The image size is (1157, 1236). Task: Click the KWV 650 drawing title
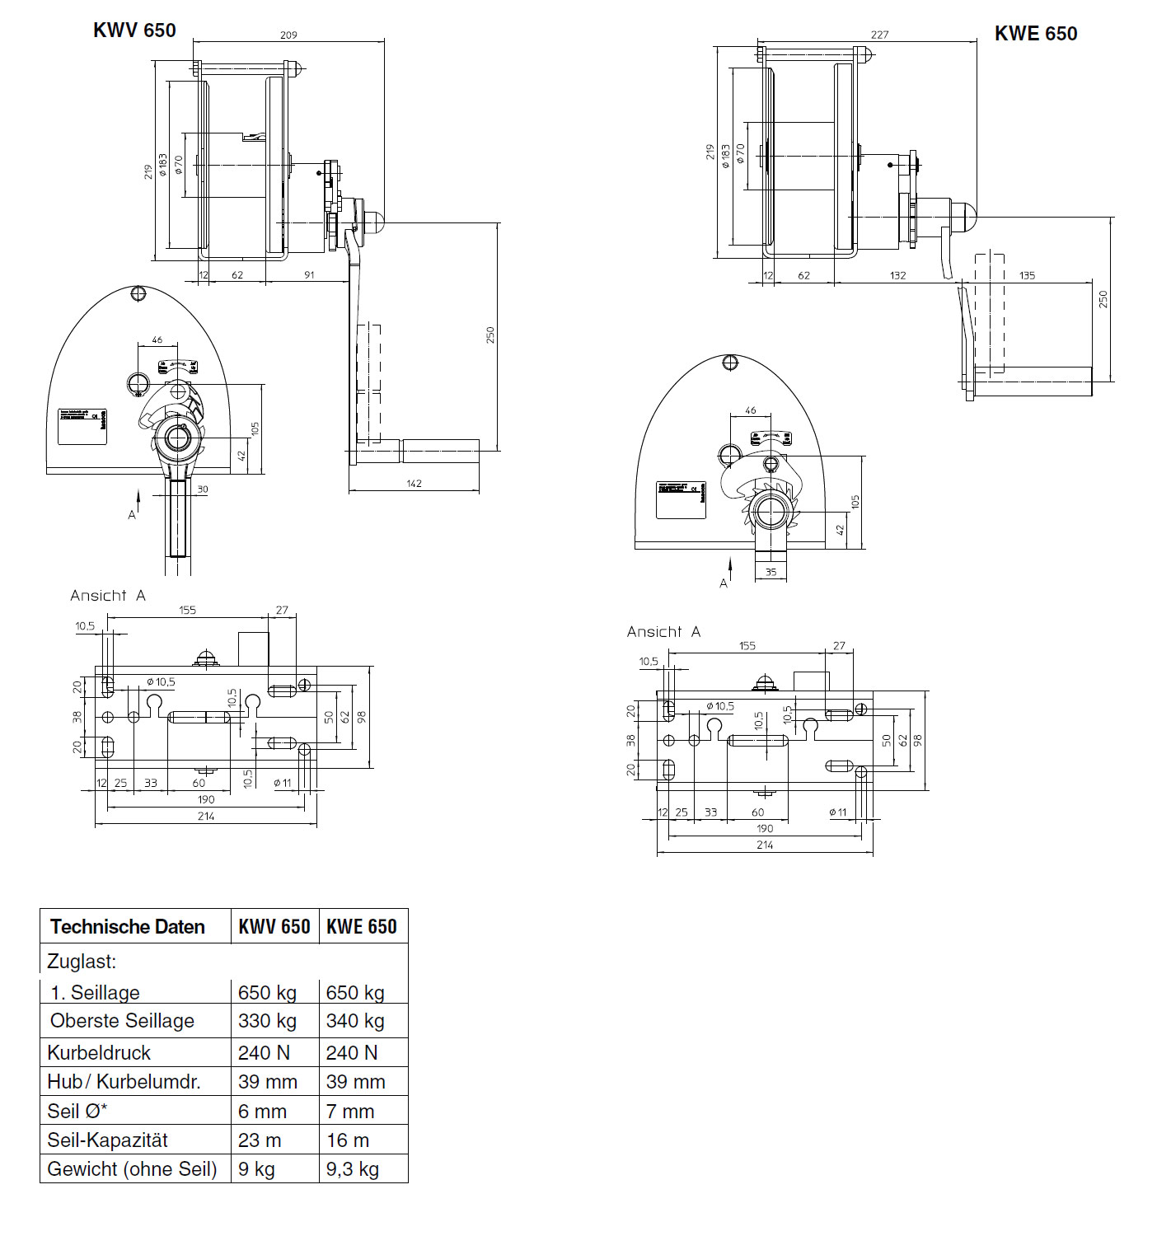134,30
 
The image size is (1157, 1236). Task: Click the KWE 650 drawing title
1035,34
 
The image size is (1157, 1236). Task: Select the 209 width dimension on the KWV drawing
288,35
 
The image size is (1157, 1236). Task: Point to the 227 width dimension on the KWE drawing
879,35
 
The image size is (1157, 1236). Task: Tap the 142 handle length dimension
414,484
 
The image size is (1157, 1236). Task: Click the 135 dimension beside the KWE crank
1027,275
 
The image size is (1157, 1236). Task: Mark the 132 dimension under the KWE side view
897,275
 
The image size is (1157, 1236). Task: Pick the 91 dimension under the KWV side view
309,274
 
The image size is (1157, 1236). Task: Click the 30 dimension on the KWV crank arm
203,489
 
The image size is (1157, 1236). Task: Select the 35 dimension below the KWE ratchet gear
771,572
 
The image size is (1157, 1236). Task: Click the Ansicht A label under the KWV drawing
108,596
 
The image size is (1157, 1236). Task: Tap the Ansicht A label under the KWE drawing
663,632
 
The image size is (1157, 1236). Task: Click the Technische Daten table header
128,927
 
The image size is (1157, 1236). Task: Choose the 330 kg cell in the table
267,1021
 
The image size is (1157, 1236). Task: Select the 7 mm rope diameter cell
350,1112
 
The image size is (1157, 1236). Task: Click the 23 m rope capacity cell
260,1140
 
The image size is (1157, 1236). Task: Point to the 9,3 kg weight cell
352,1169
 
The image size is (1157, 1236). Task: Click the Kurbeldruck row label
99,1053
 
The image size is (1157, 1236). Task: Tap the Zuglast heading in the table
82,962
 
